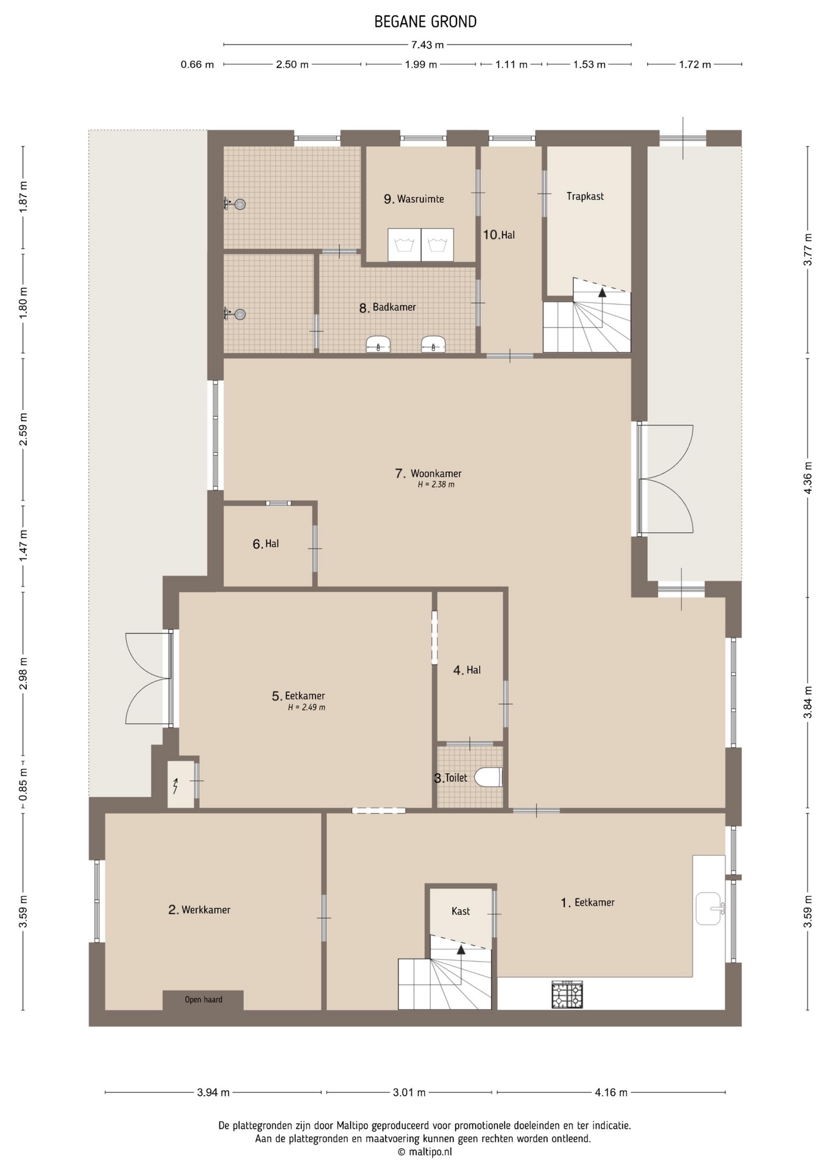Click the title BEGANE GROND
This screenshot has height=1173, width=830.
tap(425, 22)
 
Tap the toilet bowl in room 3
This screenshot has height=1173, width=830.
tap(488, 777)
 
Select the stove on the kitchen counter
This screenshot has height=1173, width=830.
tap(567, 995)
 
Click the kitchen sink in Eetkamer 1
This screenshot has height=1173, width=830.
tap(710, 908)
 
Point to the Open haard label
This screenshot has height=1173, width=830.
tap(204, 999)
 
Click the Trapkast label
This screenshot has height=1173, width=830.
tap(585, 196)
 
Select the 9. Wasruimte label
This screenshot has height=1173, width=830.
tap(414, 199)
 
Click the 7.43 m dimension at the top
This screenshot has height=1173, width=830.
tap(427, 45)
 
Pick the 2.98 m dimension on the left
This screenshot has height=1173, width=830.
tap(23, 674)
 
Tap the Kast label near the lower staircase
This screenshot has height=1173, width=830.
tap(461, 911)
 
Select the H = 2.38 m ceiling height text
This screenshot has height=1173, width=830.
tap(436, 484)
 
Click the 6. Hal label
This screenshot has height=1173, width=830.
tap(266, 544)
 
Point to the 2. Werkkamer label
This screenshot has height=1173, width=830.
tap(199, 910)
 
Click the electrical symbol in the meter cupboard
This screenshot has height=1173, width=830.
tap(176, 785)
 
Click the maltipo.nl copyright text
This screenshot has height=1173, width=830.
tap(425, 1152)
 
